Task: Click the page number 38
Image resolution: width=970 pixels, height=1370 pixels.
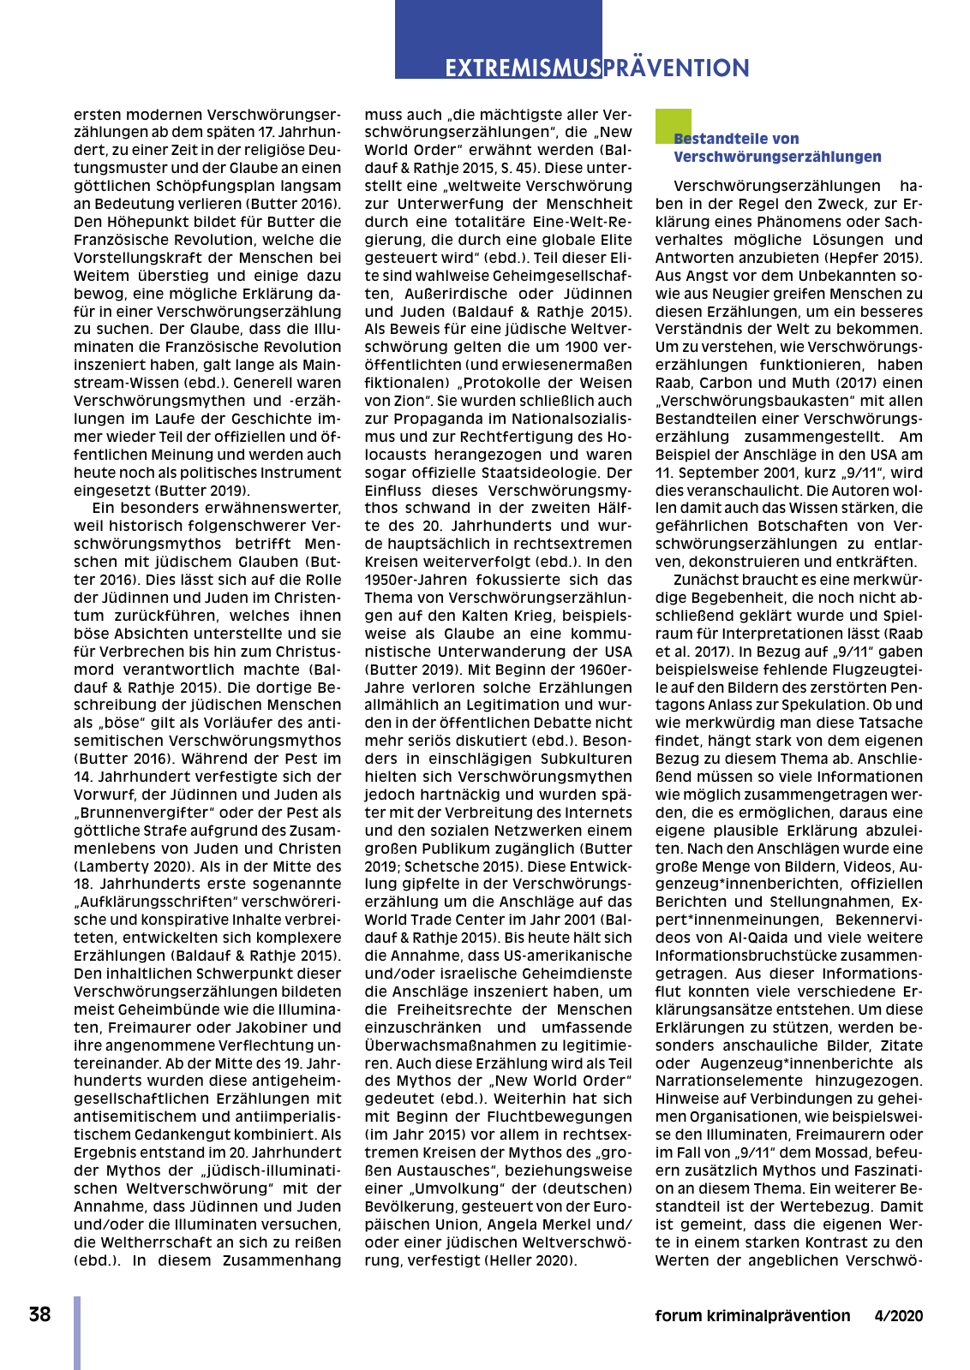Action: point(39,1314)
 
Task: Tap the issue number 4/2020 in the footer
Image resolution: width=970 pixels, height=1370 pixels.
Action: point(899,1316)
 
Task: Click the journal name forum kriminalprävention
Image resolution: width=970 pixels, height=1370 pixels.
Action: point(752,1316)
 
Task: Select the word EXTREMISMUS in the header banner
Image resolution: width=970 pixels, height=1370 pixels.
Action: point(522,68)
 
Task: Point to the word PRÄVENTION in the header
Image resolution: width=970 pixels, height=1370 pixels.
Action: point(676,68)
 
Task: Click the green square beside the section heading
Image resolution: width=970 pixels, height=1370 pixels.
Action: point(673,125)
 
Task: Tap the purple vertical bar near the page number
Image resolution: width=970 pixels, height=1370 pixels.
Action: point(77,1332)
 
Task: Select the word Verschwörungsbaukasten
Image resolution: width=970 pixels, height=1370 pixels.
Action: point(751,401)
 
